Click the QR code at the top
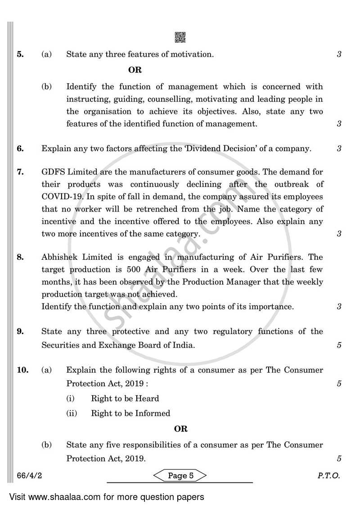(x=180, y=38)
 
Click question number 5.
(x=20, y=54)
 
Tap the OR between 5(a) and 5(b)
(x=135, y=70)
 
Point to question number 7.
(x=20, y=172)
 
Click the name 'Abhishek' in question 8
(x=59, y=257)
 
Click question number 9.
(x=20, y=332)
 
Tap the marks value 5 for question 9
(x=339, y=345)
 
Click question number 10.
(x=22, y=370)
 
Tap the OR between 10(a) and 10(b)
(x=180, y=429)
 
